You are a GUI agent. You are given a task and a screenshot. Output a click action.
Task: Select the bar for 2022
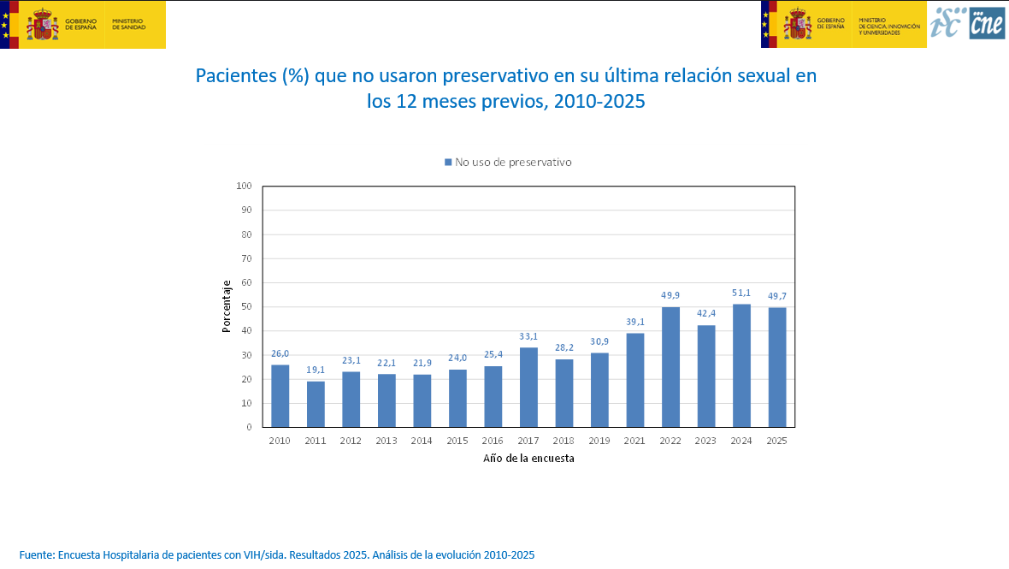(670, 366)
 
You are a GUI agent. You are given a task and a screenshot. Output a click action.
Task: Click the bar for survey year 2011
(316, 404)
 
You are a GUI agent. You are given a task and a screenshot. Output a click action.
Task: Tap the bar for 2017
(528, 387)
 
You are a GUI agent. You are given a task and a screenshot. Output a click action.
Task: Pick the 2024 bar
(741, 365)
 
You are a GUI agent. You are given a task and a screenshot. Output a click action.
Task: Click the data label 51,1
(741, 293)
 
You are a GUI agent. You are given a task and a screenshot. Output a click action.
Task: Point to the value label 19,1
(316, 370)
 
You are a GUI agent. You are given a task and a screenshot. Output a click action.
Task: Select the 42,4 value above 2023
(705, 314)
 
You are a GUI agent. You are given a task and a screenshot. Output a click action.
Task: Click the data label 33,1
(528, 336)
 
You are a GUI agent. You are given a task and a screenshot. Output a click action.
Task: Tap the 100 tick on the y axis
(244, 186)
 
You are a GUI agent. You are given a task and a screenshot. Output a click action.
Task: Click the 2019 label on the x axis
(599, 441)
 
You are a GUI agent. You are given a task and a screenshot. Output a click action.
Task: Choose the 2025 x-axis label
(776, 441)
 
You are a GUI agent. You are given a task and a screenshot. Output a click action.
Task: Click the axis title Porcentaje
(227, 306)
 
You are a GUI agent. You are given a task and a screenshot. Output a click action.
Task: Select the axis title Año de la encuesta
(528, 459)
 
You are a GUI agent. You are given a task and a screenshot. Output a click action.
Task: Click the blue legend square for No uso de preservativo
(447, 162)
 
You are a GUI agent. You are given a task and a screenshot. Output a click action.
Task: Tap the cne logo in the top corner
(987, 23)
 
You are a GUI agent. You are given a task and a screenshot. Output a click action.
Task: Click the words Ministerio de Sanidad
(128, 24)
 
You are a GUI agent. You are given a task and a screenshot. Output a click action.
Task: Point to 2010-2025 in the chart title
(599, 101)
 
